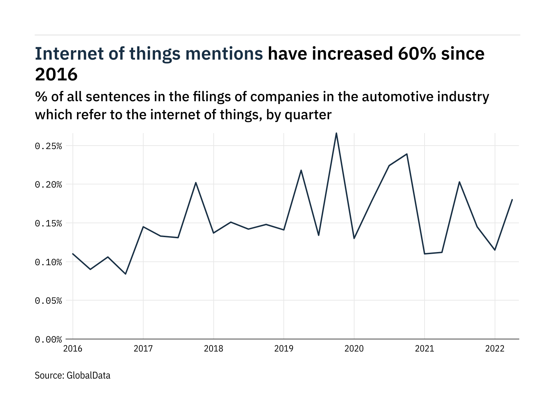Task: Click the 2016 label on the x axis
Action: [73, 348]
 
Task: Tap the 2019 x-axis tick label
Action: [284, 348]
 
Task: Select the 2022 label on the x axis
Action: [495, 348]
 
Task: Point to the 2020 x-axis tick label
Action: [354, 348]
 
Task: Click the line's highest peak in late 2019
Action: [336, 133]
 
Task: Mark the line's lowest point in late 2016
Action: [126, 274]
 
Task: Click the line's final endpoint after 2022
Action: [512, 200]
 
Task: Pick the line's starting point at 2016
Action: [73, 254]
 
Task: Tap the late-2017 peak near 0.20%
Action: [196, 183]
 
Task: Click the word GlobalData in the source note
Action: [88, 375]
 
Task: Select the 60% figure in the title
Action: [414, 54]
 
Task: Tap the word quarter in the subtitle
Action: [308, 115]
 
